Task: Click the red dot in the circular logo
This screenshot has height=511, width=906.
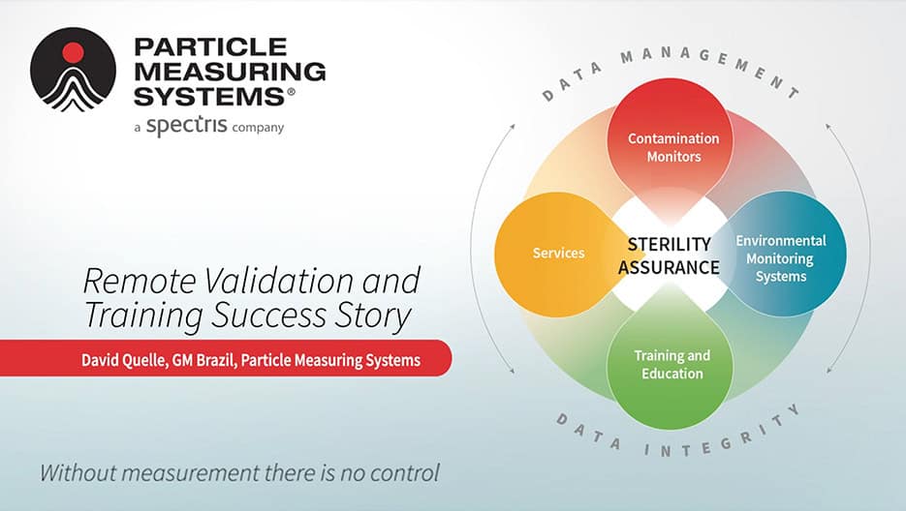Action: tap(73, 52)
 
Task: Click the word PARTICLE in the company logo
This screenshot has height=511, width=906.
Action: tap(210, 46)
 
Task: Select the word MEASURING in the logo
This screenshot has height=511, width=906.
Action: tap(230, 72)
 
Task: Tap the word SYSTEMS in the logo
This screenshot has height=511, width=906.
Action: tap(209, 97)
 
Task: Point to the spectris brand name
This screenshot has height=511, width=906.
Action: tap(187, 125)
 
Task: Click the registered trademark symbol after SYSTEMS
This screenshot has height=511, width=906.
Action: tap(291, 92)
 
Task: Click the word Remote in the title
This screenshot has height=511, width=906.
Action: tap(140, 282)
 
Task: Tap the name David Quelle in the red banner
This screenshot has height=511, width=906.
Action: tap(125, 360)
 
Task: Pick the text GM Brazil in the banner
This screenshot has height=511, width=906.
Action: tap(203, 360)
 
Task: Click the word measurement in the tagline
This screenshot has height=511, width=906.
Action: tap(190, 473)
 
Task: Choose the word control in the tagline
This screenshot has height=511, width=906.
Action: tap(404, 473)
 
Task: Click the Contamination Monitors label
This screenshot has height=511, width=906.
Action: tap(673, 147)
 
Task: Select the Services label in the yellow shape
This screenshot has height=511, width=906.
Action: tap(558, 253)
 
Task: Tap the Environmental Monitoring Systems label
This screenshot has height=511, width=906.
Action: tap(781, 258)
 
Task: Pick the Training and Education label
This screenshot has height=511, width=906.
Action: tap(672, 364)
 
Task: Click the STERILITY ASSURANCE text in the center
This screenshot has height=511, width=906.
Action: tap(670, 255)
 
